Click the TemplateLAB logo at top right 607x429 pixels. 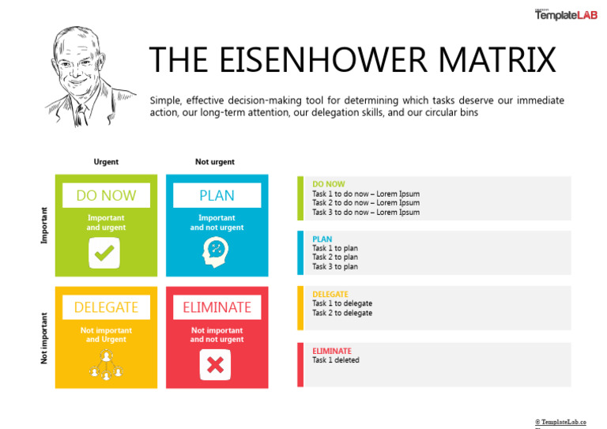[x=566, y=14]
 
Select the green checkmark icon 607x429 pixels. [x=105, y=253]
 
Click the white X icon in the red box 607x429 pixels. [x=215, y=365]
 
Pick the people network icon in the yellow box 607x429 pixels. [x=105, y=364]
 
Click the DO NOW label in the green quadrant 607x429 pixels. [x=106, y=195]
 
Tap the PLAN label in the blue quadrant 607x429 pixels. [x=217, y=195]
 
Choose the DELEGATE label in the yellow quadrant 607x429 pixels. [x=106, y=307]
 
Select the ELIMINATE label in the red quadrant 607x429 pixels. [x=217, y=307]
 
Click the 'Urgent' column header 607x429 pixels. [x=106, y=162]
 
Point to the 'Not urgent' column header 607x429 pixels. [x=215, y=162]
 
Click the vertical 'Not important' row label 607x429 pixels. [x=44, y=338]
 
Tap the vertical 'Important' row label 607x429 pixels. [x=44, y=225]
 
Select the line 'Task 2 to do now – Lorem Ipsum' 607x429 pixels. [x=365, y=203]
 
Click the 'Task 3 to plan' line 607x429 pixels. [x=335, y=267]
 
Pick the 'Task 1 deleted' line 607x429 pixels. [x=336, y=360]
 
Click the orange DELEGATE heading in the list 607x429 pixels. [x=330, y=295]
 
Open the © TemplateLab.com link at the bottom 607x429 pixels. [x=560, y=422]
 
